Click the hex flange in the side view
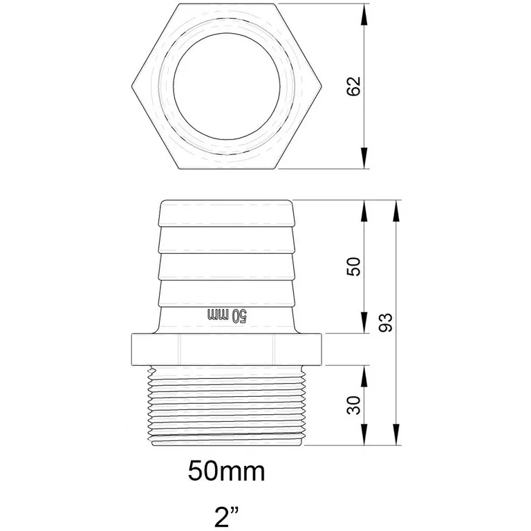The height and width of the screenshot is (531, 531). [226, 349]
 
